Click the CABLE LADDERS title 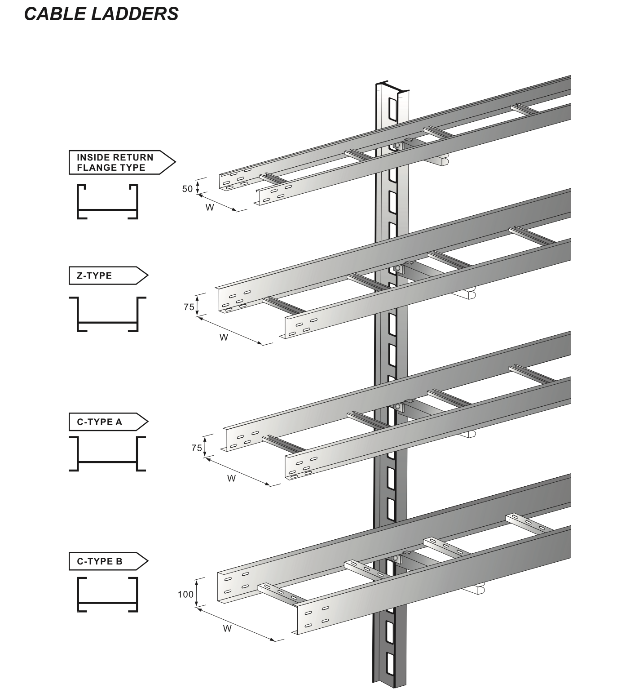click(101, 14)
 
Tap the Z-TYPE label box click(108, 275)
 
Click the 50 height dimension click(187, 189)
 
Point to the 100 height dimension click(185, 595)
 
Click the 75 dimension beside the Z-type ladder click(189, 307)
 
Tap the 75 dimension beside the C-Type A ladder click(197, 448)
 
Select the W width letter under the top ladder click(210, 207)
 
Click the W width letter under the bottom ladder click(227, 628)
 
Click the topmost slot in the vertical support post click(393, 110)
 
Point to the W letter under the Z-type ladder click(224, 337)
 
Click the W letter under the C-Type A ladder click(231, 479)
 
